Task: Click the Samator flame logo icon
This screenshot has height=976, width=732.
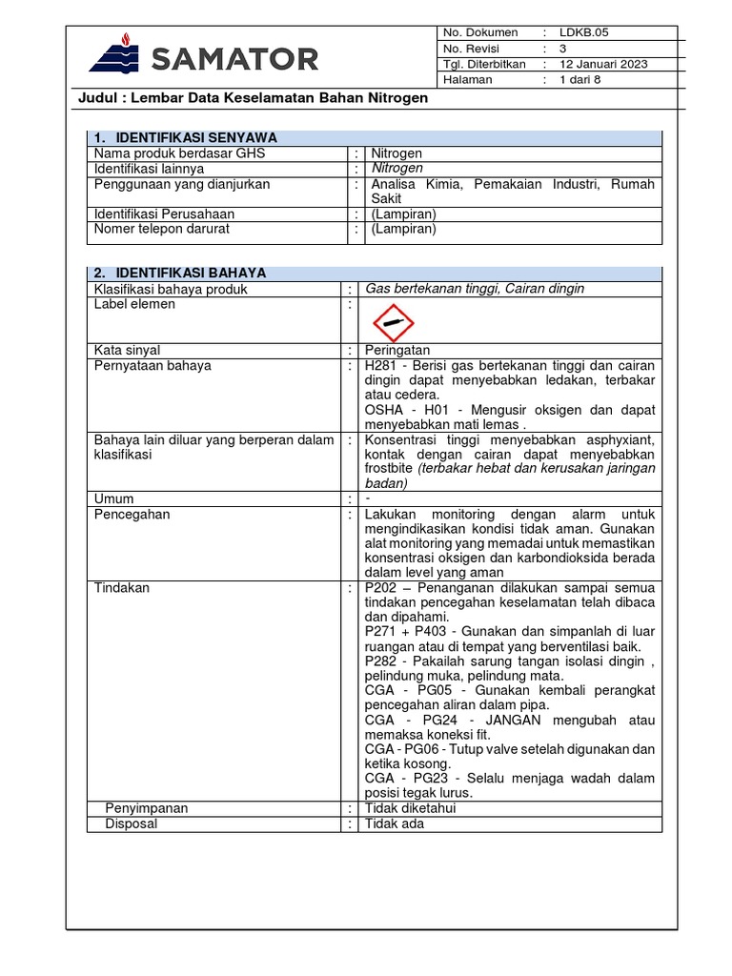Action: point(113,54)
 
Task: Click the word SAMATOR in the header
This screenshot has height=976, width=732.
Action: point(234,59)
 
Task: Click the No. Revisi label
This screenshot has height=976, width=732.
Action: point(471,49)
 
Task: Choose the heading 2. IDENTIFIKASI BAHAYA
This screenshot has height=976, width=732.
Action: point(179,273)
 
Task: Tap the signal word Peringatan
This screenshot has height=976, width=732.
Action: point(397,351)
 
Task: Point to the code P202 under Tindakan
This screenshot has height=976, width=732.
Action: point(382,589)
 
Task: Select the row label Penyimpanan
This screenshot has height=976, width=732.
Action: point(146,808)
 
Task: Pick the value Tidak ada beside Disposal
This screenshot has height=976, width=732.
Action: point(394,823)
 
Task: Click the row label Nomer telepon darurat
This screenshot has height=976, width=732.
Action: point(161,229)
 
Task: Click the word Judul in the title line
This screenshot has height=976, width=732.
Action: point(96,98)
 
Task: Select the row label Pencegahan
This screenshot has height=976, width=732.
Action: point(132,515)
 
